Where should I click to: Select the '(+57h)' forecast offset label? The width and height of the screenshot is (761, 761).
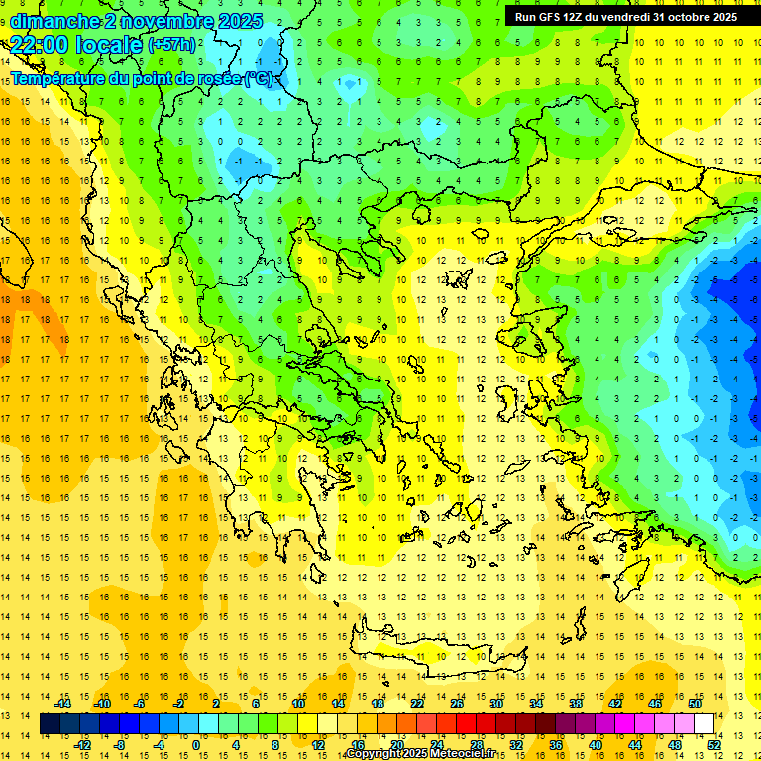pos(171,45)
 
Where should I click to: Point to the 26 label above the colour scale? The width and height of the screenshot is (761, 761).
pos(457,703)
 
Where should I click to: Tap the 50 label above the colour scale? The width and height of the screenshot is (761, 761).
pos(695,703)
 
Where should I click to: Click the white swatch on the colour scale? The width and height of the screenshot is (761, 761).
pos(705,724)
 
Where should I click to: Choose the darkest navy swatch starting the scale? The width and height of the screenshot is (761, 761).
pos(51,724)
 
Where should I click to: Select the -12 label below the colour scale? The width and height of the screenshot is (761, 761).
pos(82,745)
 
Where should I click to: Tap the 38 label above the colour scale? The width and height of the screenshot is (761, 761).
pos(576,703)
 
